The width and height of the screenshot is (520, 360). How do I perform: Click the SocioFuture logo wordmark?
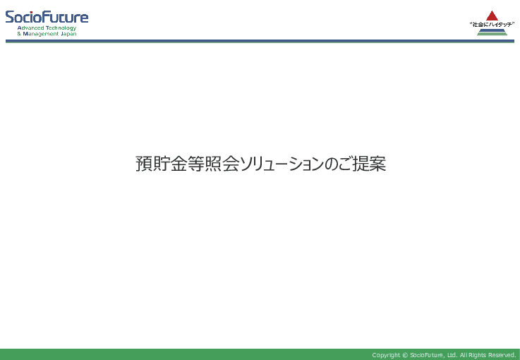coord(47,17)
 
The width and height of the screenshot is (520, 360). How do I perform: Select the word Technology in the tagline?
coord(61,28)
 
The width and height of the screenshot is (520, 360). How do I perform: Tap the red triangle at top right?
coord(492,16)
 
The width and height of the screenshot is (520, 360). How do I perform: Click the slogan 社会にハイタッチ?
coord(492,25)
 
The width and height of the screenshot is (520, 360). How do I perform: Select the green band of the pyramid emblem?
coord(492,33)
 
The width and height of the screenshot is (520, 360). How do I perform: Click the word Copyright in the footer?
coord(386,355)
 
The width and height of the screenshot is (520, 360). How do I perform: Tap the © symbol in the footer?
coord(405,355)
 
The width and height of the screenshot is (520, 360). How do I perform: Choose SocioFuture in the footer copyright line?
coord(427,355)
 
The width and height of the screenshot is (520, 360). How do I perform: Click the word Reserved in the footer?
coord(502,355)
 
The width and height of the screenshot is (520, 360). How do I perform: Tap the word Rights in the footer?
coord(477,355)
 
